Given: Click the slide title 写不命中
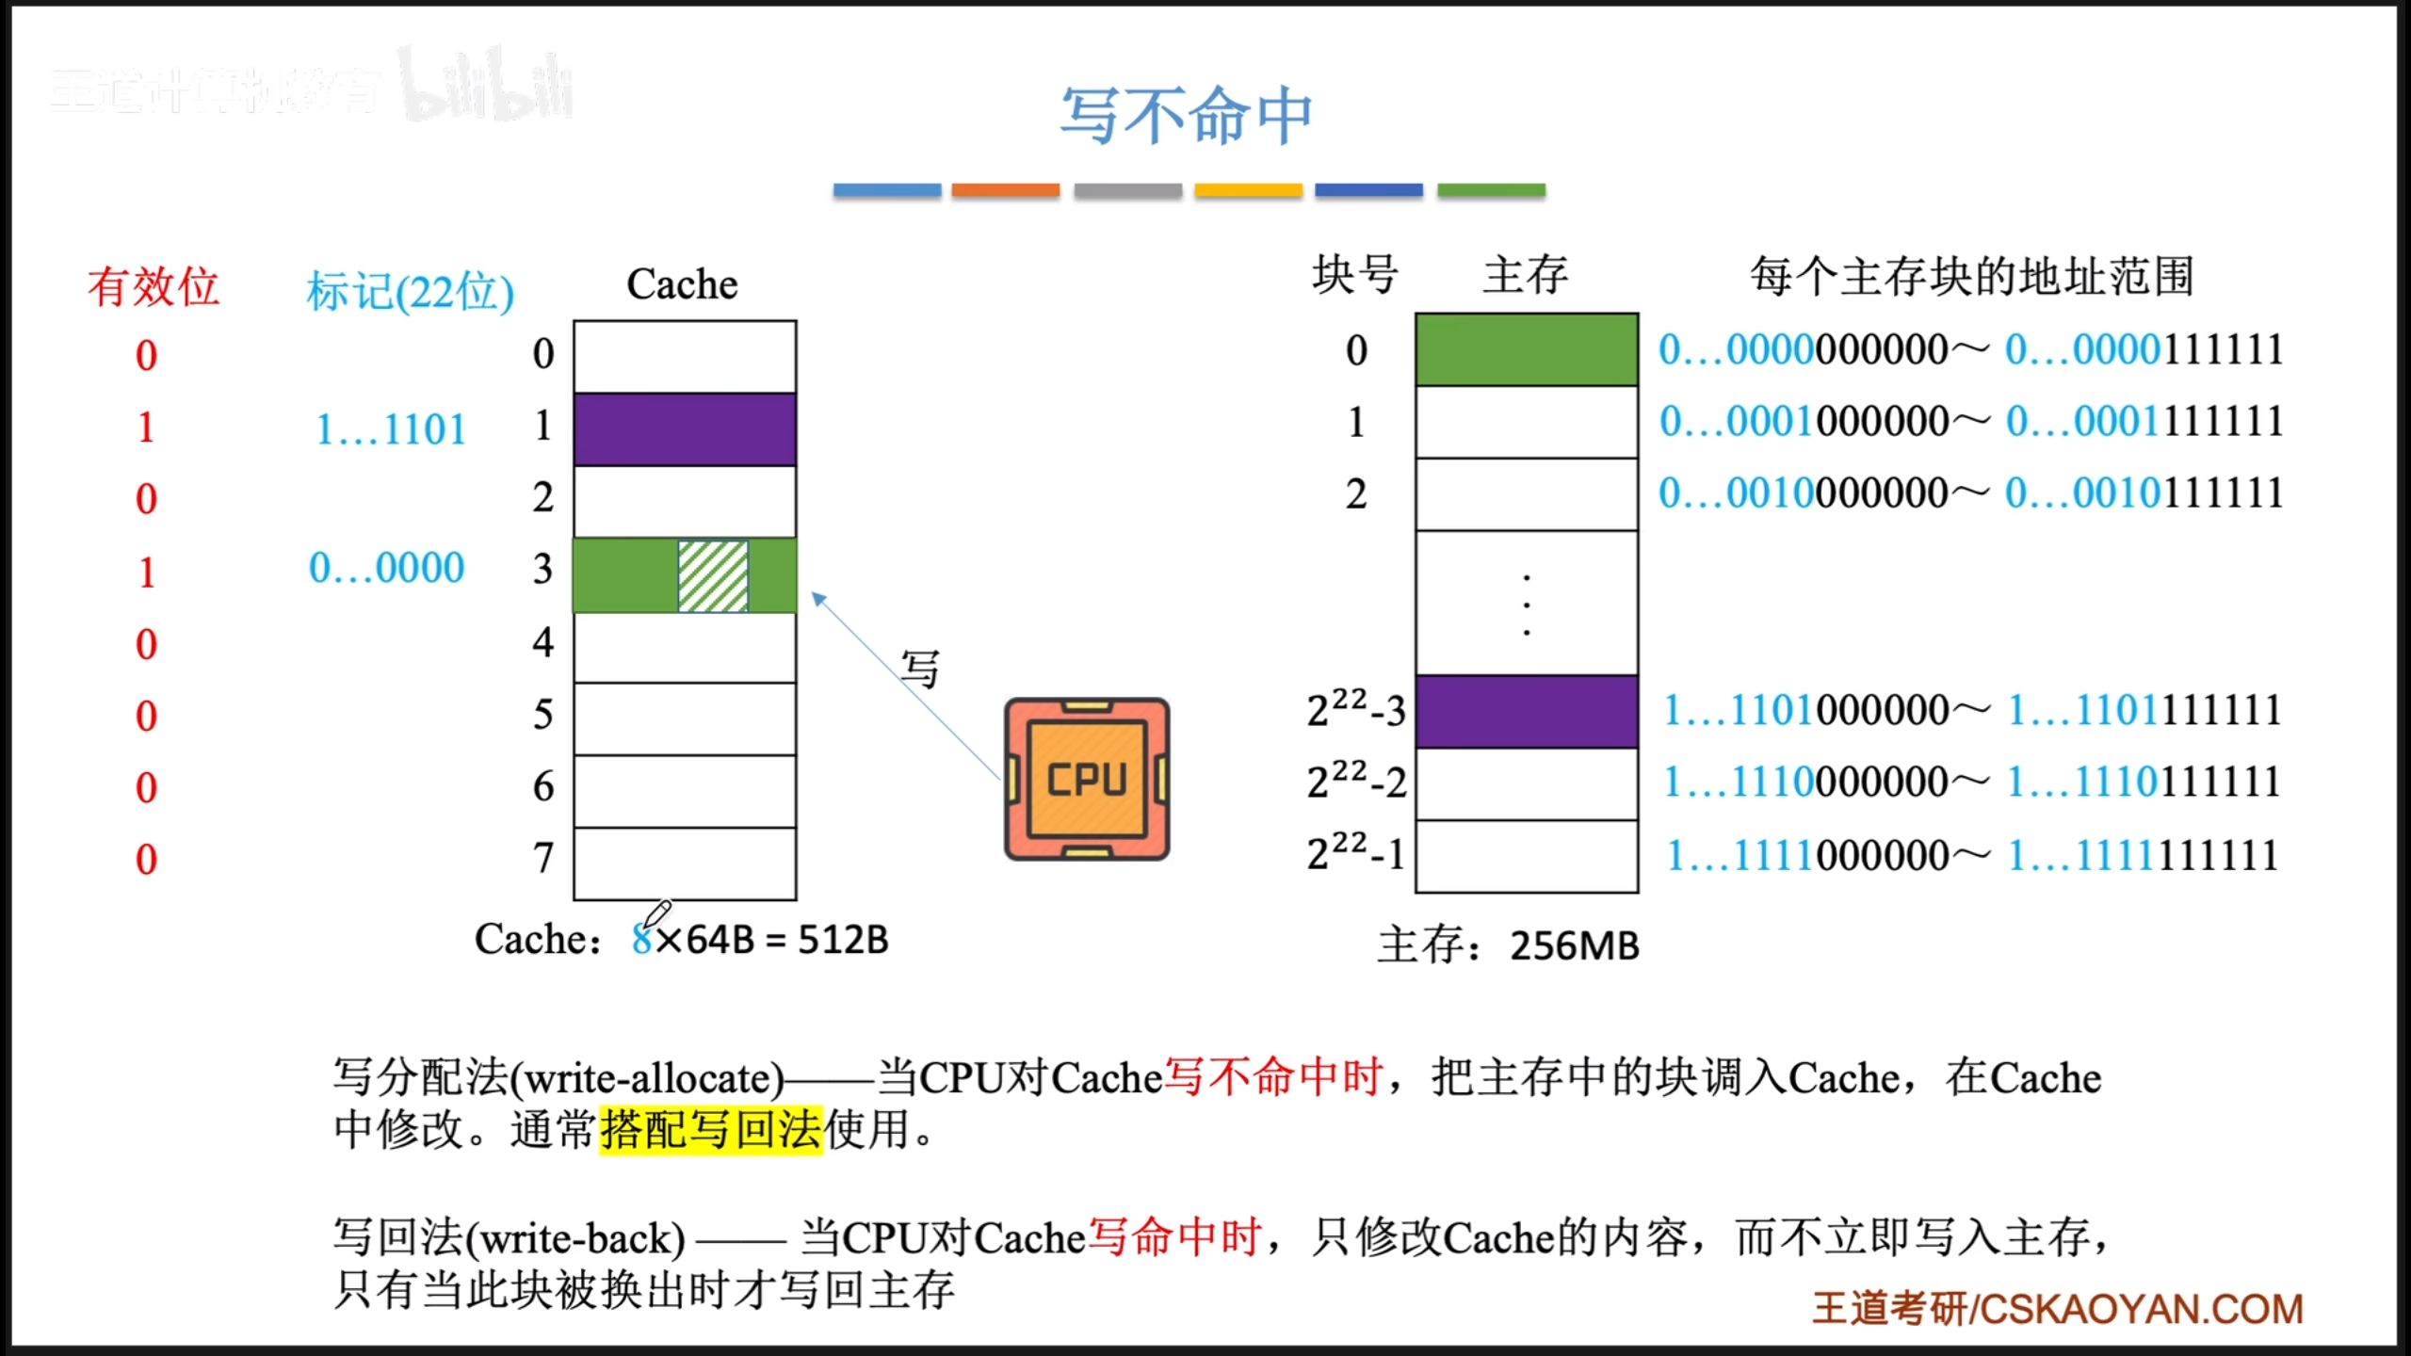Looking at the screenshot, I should click(1186, 117).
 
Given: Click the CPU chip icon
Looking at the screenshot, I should click(1087, 779).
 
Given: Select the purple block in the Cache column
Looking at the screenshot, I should click(685, 429).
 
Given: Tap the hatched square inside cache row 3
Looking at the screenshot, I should click(713, 575).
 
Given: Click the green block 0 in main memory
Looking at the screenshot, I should click(1526, 349).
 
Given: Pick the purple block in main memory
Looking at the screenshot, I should click(1526, 711).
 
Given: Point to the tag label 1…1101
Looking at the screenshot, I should click(391, 430).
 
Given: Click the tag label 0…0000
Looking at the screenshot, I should click(387, 568).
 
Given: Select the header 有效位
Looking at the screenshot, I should click(153, 286).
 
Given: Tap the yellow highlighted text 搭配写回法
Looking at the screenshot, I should click(711, 1129).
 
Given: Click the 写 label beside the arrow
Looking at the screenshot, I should click(919, 670).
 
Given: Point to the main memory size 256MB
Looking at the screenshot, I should click(1575, 945).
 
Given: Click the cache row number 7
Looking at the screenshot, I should click(543, 858).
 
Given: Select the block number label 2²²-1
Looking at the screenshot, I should click(1355, 853).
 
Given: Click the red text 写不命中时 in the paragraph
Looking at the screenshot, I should click(1272, 1076).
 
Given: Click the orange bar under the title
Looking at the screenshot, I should click(1005, 190).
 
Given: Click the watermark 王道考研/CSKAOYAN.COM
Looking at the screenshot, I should click(2058, 1309).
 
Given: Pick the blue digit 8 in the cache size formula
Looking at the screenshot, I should click(641, 940).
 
